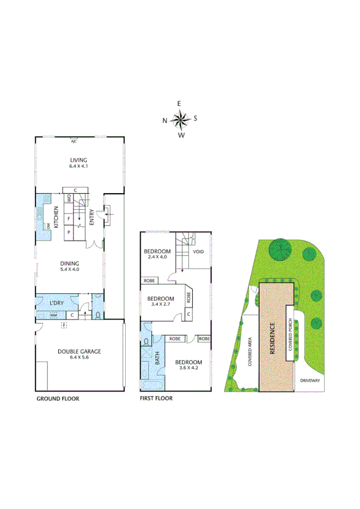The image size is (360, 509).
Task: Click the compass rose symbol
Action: tap(180, 119)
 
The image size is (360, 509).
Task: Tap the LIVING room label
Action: tap(78, 160)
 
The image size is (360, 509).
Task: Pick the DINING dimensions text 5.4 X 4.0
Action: tap(69, 269)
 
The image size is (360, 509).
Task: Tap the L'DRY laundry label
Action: tap(58, 302)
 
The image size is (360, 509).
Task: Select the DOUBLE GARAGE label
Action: tap(79, 351)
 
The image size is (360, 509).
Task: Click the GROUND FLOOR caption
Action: tap(58, 398)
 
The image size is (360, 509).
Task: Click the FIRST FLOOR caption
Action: tap(156, 398)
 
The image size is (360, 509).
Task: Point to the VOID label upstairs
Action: tap(198, 251)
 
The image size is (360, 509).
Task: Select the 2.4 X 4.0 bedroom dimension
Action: tap(158, 257)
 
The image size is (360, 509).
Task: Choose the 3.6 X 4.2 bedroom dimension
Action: tap(188, 368)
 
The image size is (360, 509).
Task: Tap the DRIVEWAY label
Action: tap(310, 380)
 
